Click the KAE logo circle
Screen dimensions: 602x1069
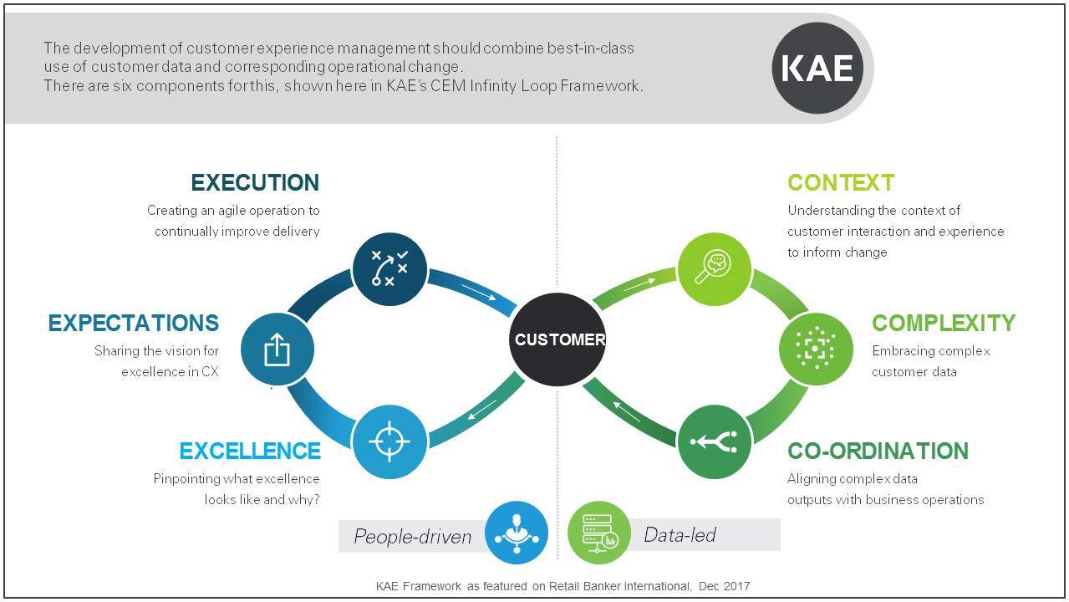tap(817, 69)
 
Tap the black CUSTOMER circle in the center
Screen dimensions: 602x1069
tap(557, 339)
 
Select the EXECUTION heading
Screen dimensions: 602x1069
tap(255, 182)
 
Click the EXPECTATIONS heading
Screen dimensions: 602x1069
tap(134, 323)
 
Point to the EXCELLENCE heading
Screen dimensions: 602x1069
tap(250, 451)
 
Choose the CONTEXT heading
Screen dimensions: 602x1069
tap(841, 182)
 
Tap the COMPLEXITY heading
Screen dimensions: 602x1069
tap(944, 323)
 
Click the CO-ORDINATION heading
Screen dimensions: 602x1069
tap(878, 451)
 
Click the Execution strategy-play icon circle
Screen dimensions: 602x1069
tap(389, 269)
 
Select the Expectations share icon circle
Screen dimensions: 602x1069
tap(277, 349)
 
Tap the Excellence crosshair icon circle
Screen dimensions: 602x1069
tap(389, 441)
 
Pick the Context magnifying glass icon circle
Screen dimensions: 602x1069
tap(714, 269)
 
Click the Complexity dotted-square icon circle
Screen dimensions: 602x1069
tap(816, 349)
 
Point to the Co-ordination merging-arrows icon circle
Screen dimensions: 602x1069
tap(714, 441)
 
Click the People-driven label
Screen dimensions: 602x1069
tap(412, 536)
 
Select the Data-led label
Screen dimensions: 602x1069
tap(680, 534)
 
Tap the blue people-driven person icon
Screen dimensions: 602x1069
tap(516, 533)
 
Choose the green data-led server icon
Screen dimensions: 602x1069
tap(598, 533)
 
